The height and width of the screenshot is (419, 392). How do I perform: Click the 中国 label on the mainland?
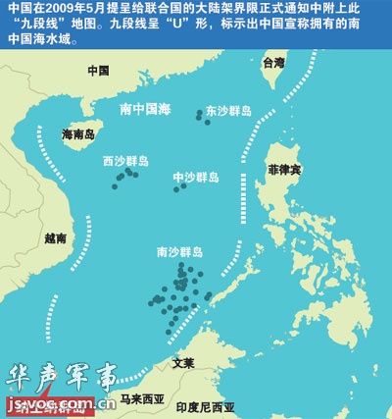coord(97,71)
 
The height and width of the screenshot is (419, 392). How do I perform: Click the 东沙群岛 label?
coord(227,111)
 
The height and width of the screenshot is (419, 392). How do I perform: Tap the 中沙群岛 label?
coord(196,178)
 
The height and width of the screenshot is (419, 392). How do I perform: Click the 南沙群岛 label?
coord(179,252)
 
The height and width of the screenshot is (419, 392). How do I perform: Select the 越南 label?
coord(56,237)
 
